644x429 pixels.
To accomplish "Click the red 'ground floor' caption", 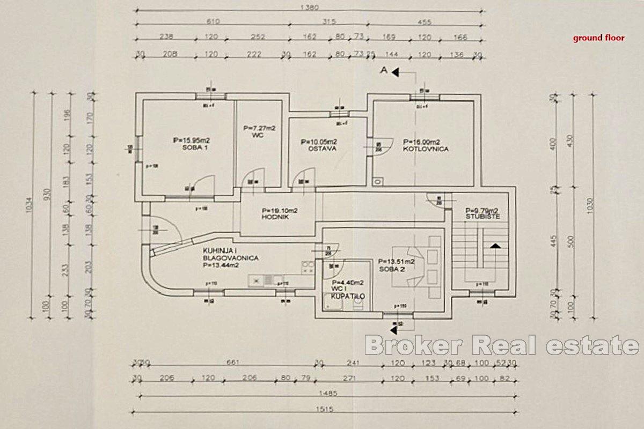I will [x=598, y=38].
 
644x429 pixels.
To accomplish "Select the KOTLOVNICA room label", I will [x=427, y=149].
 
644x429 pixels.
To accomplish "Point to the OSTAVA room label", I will [x=322, y=149].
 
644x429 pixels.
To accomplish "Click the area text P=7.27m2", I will [x=259, y=128].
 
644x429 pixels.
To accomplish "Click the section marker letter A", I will [x=384, y=70].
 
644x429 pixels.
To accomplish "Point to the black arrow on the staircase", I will [x=495, y=245].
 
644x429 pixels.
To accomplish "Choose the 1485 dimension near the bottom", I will [x=324, y=393].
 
